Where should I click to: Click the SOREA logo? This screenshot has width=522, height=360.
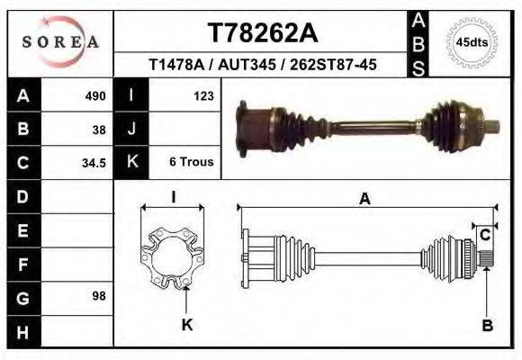coord(60,41)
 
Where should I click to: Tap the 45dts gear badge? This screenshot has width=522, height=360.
coord(472,41)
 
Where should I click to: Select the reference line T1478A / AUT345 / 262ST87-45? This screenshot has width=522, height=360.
coord(263,65)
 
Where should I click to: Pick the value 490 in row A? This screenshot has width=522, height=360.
coord(95,95)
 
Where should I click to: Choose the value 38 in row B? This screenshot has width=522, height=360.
coord(99,129)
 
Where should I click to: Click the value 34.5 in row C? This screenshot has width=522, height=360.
coord(94,163)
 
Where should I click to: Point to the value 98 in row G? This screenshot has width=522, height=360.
coord(99,296)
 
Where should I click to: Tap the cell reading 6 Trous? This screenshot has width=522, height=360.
coord(191,163)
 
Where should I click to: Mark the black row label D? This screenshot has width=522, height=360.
coord(22,196)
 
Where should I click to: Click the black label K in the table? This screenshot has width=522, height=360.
coord(131,163)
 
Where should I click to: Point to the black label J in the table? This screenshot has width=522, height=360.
coord(131,129)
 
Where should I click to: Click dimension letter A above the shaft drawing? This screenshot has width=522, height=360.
coord(364,200)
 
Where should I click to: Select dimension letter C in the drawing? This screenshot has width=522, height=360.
coord(484,236)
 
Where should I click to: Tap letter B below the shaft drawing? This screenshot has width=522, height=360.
coord(487,326)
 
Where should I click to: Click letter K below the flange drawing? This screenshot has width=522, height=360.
coord(187,325)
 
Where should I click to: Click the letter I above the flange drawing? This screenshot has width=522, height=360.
coord(173,197)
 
